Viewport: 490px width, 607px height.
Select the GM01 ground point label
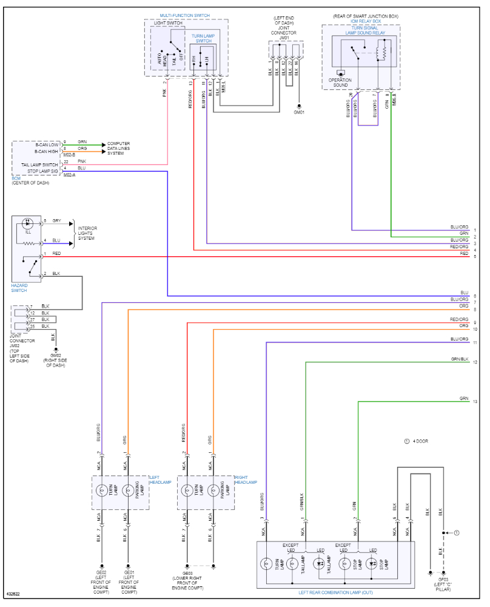(299, 112)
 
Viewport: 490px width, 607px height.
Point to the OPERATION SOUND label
(340, 83)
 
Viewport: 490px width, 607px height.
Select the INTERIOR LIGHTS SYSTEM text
(87, 233)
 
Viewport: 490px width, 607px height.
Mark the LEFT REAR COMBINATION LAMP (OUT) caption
(335, 592)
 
